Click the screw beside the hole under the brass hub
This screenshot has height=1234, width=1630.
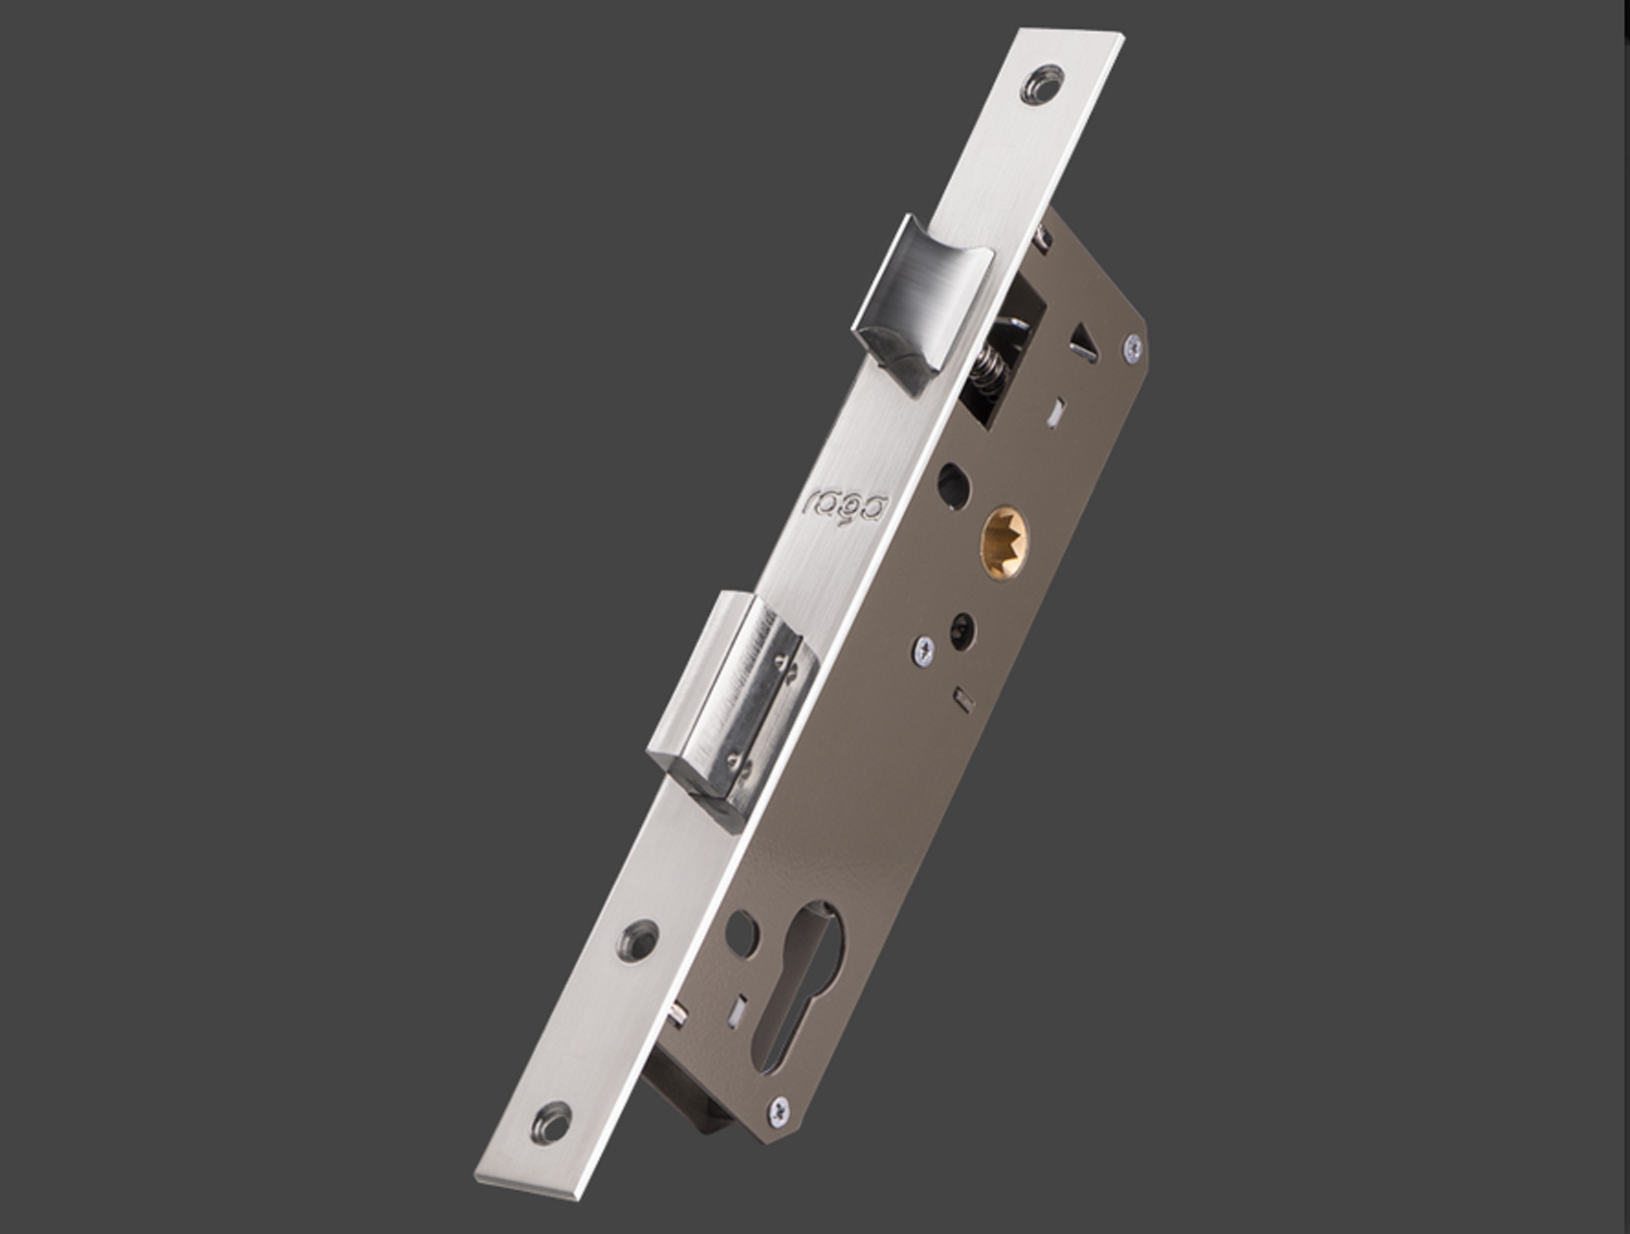[924, 649]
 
